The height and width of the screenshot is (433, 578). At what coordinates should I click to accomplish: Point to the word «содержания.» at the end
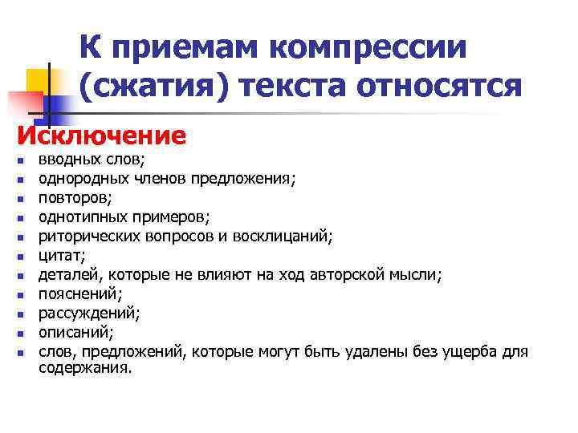[85, 368]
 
